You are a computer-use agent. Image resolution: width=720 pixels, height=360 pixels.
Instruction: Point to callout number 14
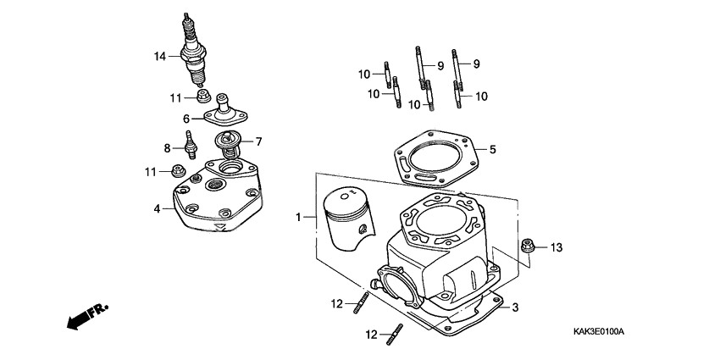click(159, 57)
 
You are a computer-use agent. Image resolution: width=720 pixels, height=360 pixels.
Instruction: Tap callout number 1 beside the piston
click(299, 218)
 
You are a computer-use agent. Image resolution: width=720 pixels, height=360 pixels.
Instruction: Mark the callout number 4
click(158, 208)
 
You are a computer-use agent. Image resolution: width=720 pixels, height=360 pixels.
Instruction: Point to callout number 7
click(259, 141)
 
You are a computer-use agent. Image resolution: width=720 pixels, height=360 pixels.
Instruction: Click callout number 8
click(167, 148)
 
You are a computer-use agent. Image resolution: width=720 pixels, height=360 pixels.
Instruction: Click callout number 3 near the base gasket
click(514, 307)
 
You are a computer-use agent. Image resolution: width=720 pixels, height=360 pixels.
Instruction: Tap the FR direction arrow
click(86, 317)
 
